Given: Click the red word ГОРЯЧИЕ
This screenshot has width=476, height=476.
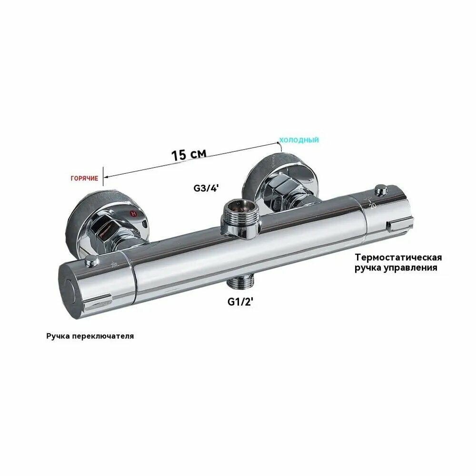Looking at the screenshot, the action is coord(84,178).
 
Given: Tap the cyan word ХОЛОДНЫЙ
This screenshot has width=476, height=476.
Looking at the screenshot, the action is coord(299,140).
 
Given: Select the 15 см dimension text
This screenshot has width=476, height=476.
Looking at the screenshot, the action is coord(189,154).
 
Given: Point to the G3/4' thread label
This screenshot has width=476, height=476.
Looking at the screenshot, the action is coord(206,188).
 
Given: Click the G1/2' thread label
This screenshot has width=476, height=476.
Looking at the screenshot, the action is coord(240,302).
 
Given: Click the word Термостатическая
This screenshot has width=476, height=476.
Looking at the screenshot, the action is coord(398,258).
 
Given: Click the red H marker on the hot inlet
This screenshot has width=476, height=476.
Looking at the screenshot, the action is coord(133,213).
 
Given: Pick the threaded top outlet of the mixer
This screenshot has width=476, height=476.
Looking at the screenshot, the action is coord(240,218).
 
